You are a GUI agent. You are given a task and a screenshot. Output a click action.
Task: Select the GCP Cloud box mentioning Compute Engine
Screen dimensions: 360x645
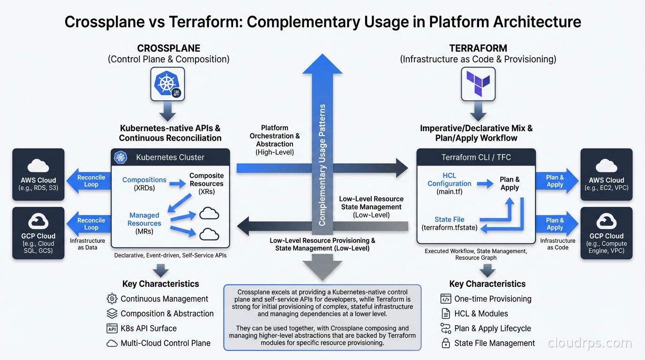(x=607, y=232)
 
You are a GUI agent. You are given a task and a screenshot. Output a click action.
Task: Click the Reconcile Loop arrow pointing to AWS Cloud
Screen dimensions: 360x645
(x=89, y=181)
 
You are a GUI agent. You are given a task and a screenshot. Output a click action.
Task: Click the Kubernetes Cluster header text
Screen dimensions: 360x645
(x=170, y=157)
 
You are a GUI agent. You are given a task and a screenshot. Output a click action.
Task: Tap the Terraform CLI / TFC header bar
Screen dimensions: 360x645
(x=476, y=157)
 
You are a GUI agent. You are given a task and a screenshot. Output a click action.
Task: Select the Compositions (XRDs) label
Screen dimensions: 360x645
(x=144, y=183)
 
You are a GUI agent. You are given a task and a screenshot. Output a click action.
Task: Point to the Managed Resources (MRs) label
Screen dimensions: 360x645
(x=144, y=223)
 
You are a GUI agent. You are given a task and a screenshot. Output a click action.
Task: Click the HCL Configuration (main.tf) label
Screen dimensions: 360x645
(x=449, y=183)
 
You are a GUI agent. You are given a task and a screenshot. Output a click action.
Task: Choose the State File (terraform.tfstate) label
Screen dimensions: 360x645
(x=449, y=223)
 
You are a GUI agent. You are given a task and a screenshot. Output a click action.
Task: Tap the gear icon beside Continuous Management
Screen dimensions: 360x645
(x=112, y=299)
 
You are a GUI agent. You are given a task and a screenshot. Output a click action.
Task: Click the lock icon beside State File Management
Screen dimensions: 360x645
(x=445, y=343)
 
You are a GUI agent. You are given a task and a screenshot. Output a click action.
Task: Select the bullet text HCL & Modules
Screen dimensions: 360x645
(x=481, y=314)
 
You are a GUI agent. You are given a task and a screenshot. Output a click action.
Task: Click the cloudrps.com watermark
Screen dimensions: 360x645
(x=590, y=343)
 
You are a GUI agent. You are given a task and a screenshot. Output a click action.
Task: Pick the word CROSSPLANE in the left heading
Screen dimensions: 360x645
(x=168, y=48)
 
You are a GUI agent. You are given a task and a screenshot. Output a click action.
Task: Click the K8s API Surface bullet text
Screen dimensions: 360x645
(x=149, y=328)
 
